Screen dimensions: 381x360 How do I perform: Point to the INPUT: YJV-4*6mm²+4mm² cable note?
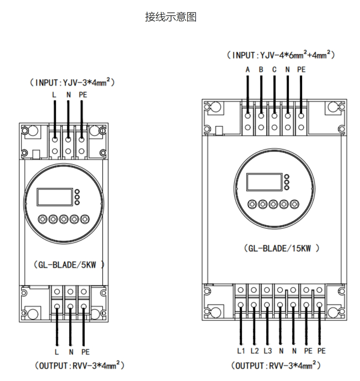click(x=280, y=56)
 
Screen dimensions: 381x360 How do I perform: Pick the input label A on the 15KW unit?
click(x=248, y=70)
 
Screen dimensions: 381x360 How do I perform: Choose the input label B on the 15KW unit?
click(x=261, y=70)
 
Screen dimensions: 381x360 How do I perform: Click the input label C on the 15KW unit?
click(x=274, y=70)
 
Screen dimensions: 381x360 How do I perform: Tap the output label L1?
click(x=241, y=351)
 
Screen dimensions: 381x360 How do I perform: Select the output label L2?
click(x=255, y=351)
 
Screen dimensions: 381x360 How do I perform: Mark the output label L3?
click(x=268, y=351)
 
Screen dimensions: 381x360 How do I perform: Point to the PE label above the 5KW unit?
click(x=82, y=95)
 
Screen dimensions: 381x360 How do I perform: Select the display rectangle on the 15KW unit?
click(x=264, y=181)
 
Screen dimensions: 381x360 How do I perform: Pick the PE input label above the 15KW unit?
click(x=301, y=70)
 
